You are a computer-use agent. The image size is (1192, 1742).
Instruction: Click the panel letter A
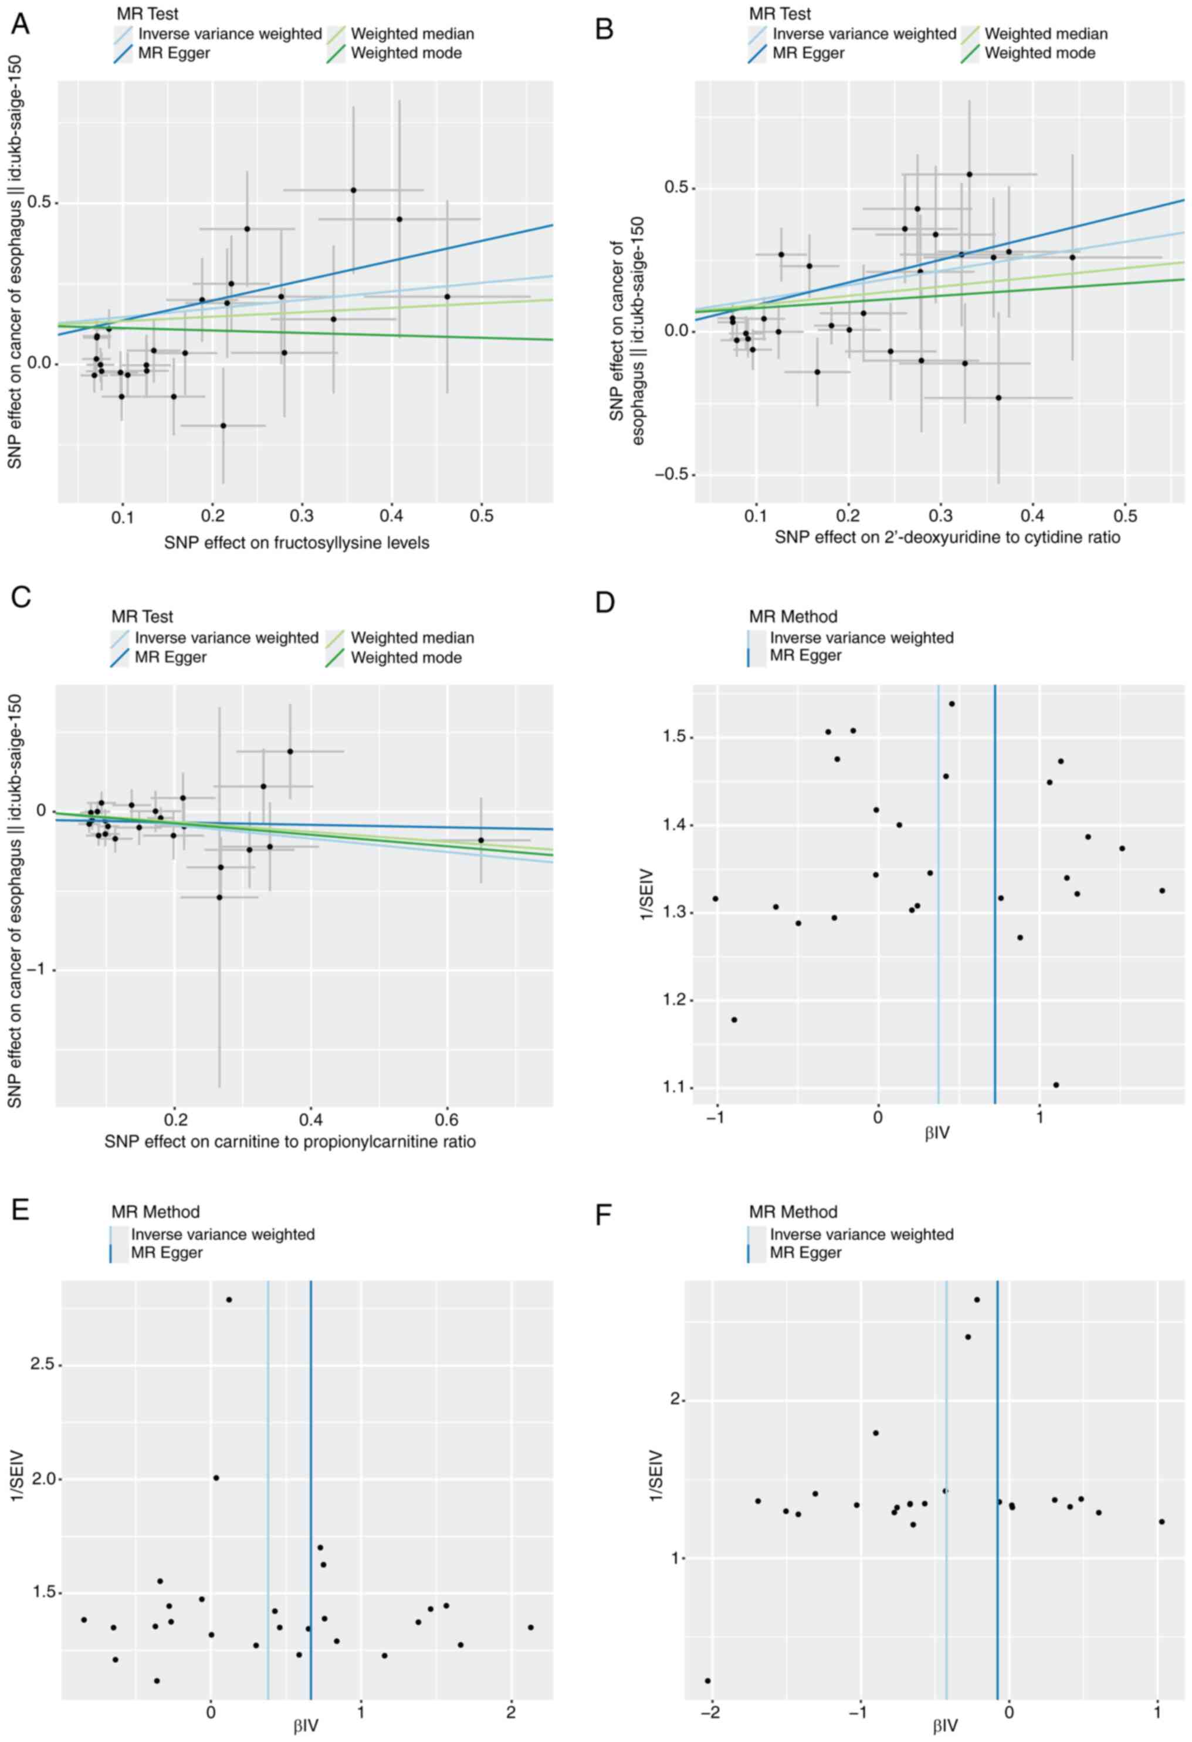pyautogui.click(x=19, y=24)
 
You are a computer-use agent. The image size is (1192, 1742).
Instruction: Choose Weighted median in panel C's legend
pyautogui.click(x=412, y=638)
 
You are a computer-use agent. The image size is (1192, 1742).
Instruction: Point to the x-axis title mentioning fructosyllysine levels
pyautogui.click(x=297, y=543)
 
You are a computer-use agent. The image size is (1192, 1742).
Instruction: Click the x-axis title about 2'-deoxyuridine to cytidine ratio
pyautogui.click(x=947, y=537)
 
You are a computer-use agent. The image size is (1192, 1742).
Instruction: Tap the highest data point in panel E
pyautogui.click(x=229, y=1300)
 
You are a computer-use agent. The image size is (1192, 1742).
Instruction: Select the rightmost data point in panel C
pyautogui.click(x=481, y=840)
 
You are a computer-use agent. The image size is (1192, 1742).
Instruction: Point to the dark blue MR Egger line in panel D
pyautogui.click(x=995, y=899)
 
